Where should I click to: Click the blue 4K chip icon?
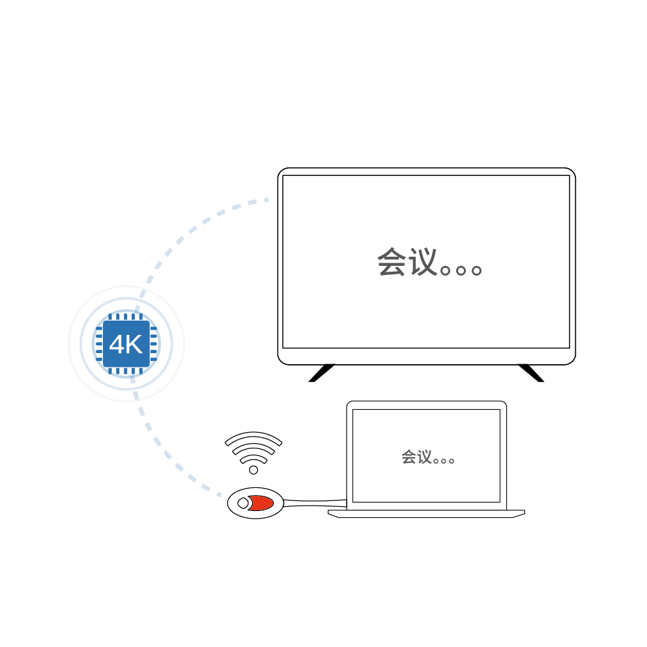[x=126, y=344]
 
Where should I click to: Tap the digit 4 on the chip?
[x=117, y=344]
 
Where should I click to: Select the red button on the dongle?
[x=261, y=503]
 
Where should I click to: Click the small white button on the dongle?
[x=243, y=503]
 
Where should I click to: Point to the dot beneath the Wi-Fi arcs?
[x=253, y=470]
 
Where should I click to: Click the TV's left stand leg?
[x=322, y=373]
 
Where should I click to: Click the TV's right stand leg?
[x=532, y=373]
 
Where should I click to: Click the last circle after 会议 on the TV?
[x=476, y=270]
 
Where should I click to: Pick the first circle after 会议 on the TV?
[x=446, y=270]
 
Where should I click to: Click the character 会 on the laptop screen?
[x=409, y=457]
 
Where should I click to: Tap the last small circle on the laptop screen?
[x=452, y=461]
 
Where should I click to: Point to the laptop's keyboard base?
[x=426, y=513]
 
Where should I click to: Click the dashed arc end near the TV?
[x=266, y=200]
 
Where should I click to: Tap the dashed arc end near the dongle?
[x=220, y=494]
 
